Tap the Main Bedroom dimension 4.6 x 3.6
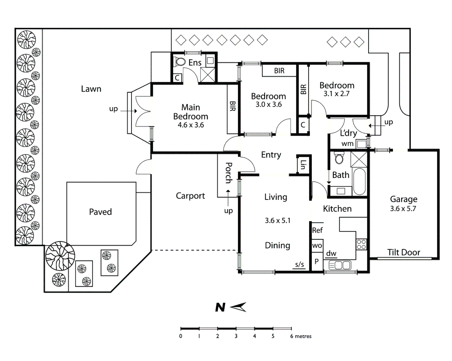pyautogui.click(x=190, y=125)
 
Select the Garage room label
pyautogui.click(x=404, y=199)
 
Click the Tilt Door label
pyautogui.click(x=404, y=252)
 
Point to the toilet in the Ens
pyautogui.click(x=180, y=62)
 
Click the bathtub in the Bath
pyautogui.click(x=359, y=182)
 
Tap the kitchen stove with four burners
pyautogui.click(x=361, y=244)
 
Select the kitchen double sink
pyautogui.click(x=340, y=265)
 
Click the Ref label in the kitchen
pyautogui.click(x=317, y=230)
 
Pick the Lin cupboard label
pyautogui.click(x=303, y=164)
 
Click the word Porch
pyautogui.click(x=229, y=172)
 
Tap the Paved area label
pyautogui.click(x=100, y=212)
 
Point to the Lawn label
pyautogui.click(x=91, y=89)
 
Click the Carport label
pyautogui.click(x=190, y=196)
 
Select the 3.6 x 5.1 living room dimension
pyautogui.click(x=278, y=221)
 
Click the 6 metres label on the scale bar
pyautogui.click(x=301, y=336)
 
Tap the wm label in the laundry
pyautogui.click(x=347, y=144)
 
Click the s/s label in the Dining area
pyautogui.click(x=300, y=265)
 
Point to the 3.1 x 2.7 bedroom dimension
pyautogui.click(x=336, y=94)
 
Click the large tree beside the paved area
pyautogui.click(x=60, y=256)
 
